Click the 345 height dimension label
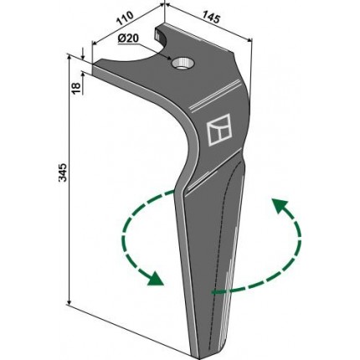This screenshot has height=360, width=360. coord(63,172)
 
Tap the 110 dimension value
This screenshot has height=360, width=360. coord(124,18)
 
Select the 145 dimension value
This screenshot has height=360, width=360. coord(211,18)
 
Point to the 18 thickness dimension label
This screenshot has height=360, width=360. coord(77,88)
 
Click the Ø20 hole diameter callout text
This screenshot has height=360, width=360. coord(128,39)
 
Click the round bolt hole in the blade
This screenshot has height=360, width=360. coord(181,64)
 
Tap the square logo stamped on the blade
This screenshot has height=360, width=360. coord(219,130)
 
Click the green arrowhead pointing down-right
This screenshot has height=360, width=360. coord(155,279)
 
